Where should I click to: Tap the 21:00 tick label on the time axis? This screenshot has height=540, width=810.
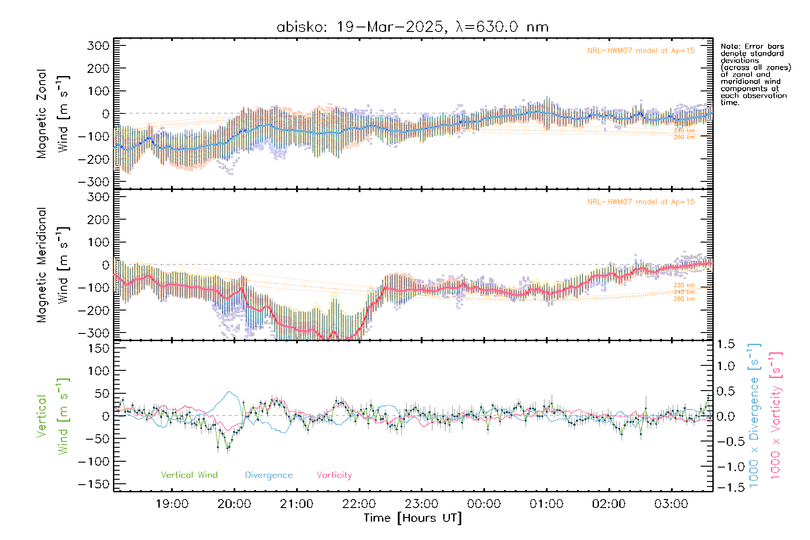pyautogui.click(x=297, y=504)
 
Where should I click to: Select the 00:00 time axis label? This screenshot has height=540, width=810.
pyautogui.click(x=484, y=504)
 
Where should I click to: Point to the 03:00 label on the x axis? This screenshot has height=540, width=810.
pyautogui.click(x=671, y=504)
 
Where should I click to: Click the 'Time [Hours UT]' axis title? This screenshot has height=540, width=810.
pyautogui.click(x=413, y=518)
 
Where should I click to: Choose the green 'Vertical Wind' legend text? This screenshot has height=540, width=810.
pyautogui.click(x=189, y=475)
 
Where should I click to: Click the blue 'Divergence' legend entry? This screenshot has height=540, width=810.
pyautogui.click(x=269, y=475)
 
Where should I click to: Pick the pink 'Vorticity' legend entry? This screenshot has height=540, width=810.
pyautogui.click(x=334, y=475)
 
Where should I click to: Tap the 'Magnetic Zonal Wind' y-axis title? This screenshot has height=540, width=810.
pyautogui.click(x=53, y=114)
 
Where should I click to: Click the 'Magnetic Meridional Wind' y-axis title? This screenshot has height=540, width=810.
pyautogui.click(x=53, y=265)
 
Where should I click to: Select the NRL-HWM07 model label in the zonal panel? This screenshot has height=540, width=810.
pyautogui.click(x=641, y=51)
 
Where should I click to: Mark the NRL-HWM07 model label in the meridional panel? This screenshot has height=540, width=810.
pyautogui.click(x=641, y=202)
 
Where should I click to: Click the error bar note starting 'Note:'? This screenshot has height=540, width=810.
pyautogui.click(x=755, y=74)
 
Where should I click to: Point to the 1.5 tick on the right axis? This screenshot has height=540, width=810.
pyautogui.click(x=725, y=344)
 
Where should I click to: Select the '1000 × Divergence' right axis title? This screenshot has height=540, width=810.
pyautogui.click(x=754, y=415)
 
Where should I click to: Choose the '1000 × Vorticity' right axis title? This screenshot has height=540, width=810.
pyautogui.click(x=776, y=415)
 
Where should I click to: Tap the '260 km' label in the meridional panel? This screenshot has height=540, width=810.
pyautogui.click(x=684, y=299)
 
